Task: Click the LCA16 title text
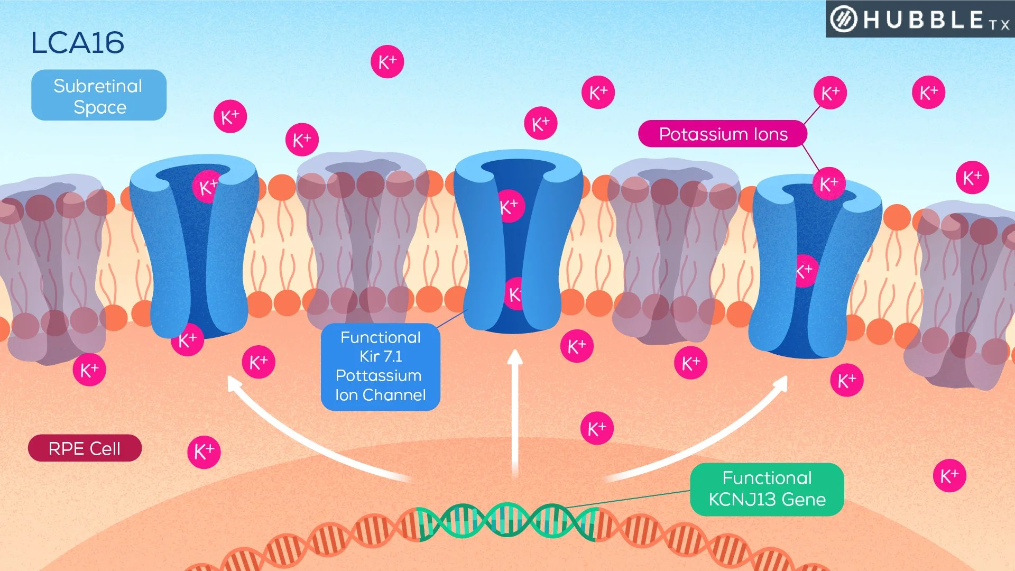(78, 43)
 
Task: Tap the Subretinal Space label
(99, 96)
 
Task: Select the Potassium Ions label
(723, 134)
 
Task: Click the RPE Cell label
(85, 448)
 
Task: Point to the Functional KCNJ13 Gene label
(767, 489)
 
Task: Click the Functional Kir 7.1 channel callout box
(380, 366)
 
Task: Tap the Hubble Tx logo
(920, 20)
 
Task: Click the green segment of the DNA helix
(508, 521)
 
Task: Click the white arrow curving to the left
(307, 439)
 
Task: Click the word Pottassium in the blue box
(379, 375)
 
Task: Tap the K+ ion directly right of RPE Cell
(204, 452)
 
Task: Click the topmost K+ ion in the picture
(387, 62)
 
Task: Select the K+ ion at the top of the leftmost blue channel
(207, 186)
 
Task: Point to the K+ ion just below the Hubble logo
(928, 93)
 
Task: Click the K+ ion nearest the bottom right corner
(949, 476)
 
